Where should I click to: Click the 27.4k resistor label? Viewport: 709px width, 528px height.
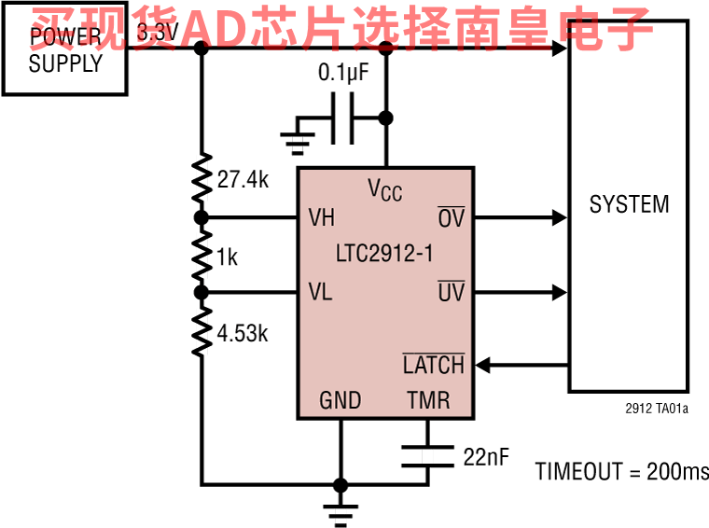pyautogui.click(x=243, y=180)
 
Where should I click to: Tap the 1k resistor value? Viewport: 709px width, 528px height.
pyautogui.click(x=227, y=257)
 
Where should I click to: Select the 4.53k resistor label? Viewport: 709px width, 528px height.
pyautogui.click(x=243, y=333)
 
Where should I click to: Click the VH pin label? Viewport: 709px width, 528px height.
pyautogui.click(x=322, y=218)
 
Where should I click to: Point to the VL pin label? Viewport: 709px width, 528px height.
pyautogui.click(x=321, y=292)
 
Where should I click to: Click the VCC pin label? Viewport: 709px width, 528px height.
pyautogui.click(x=384, y=189)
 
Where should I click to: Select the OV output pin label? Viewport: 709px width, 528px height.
pyautogui.click(x=451, y=218)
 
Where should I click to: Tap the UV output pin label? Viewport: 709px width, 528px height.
pyautogui.click(x=451, y=292)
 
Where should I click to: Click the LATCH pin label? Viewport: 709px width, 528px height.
pyautogui.click(x=433, y=364)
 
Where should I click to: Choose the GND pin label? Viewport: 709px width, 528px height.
pyautogui.click(x=341, y=401)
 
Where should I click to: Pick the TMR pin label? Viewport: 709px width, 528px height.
pyautogui.click(x=428, y=401)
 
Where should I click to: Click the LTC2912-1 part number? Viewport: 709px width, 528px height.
pyautogui.click(x=384, y=254)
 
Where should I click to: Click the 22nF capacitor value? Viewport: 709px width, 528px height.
pyautogui.click(x=485, y=456)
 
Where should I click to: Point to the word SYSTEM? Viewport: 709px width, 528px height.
pyautogui.click(x=629, y=204)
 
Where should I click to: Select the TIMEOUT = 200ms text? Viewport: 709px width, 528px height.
pyautogui.click(x=621, y=471)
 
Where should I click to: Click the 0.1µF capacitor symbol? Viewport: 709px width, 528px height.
pyautogui.click(x=343, y=118)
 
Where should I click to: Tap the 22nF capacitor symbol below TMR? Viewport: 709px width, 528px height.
pyautogui.click(x=427, y=456)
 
